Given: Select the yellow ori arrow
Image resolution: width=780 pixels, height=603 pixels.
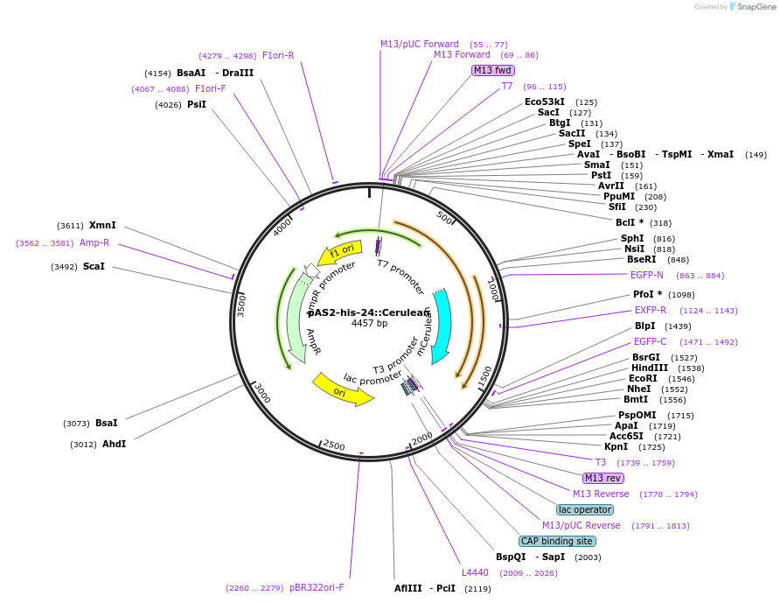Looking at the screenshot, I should click(x=342, y=389).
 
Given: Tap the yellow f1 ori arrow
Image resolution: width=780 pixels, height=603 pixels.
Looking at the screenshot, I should click(x=340, y=252).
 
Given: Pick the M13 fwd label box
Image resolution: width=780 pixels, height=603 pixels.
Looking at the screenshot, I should click(x=492, y=70).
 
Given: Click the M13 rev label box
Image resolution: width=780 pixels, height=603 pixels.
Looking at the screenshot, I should click(x=602, y=478).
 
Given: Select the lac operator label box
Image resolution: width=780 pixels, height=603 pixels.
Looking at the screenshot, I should click(x=585, y=509).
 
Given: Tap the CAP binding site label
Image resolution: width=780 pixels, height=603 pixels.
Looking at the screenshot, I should click(x=556, y=541).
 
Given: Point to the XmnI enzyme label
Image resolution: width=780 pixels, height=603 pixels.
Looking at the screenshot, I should click(x=102, y=225).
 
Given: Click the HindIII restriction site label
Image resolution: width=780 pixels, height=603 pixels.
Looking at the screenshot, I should click(x=649, y=368).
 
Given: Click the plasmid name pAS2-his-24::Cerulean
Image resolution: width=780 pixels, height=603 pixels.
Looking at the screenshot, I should click(x=369, y=312).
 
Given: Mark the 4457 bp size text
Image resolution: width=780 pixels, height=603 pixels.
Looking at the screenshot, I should click(x=369, y=324).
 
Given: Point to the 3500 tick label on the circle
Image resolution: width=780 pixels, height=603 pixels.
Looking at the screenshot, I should click(x=241, y=305).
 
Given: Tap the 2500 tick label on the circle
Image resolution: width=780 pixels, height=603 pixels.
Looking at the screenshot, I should click(x=334, y=445).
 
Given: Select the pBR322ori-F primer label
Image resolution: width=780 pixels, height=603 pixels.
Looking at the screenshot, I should click(x=317, y=587).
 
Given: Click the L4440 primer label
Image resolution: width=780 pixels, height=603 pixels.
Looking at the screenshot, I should click(x=476, y=572).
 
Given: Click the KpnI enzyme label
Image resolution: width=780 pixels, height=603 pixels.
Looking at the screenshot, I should click(x=616, y=446).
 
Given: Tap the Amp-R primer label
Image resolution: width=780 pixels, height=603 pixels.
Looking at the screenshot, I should click(x=94, y=242).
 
